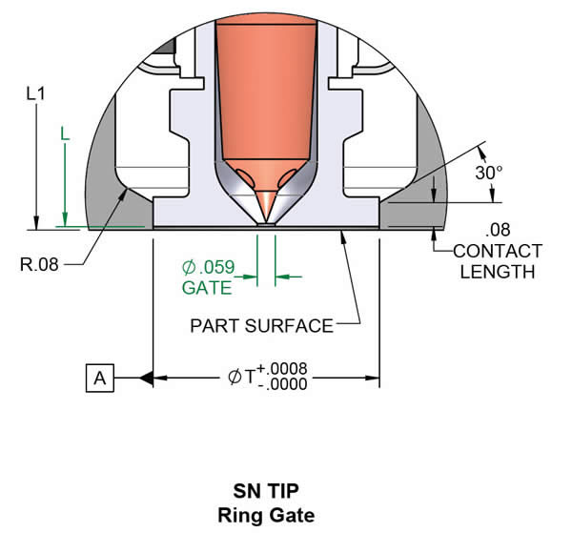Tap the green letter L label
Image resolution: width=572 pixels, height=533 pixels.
click(x=64, y=135)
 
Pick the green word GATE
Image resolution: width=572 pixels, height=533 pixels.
click(x=205, y=287)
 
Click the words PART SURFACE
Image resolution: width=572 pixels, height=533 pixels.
click(x=261, y=326)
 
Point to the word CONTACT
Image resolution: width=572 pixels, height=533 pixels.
click(x=498, y=252)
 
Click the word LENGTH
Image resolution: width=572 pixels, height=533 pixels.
click(x=497, y=272)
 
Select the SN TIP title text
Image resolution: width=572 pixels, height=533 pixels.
click(x=267, y=493)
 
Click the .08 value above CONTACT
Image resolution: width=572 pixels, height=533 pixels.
click(x=497, y=231)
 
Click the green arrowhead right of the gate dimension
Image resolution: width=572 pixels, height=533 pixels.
click(x=283, y=277)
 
